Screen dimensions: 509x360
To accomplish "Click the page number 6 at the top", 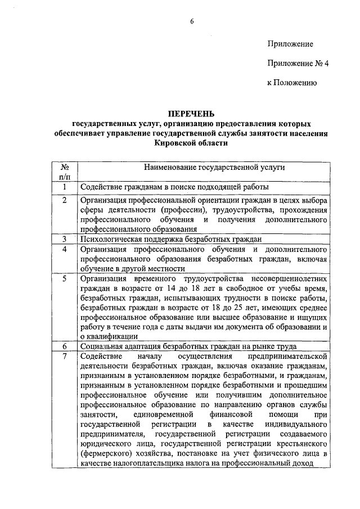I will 191,22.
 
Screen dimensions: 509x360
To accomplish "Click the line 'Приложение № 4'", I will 297,63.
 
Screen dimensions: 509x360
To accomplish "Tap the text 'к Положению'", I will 291,83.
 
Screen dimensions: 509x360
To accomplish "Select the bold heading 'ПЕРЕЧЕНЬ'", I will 191,115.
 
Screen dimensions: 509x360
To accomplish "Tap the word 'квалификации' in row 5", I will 112,336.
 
